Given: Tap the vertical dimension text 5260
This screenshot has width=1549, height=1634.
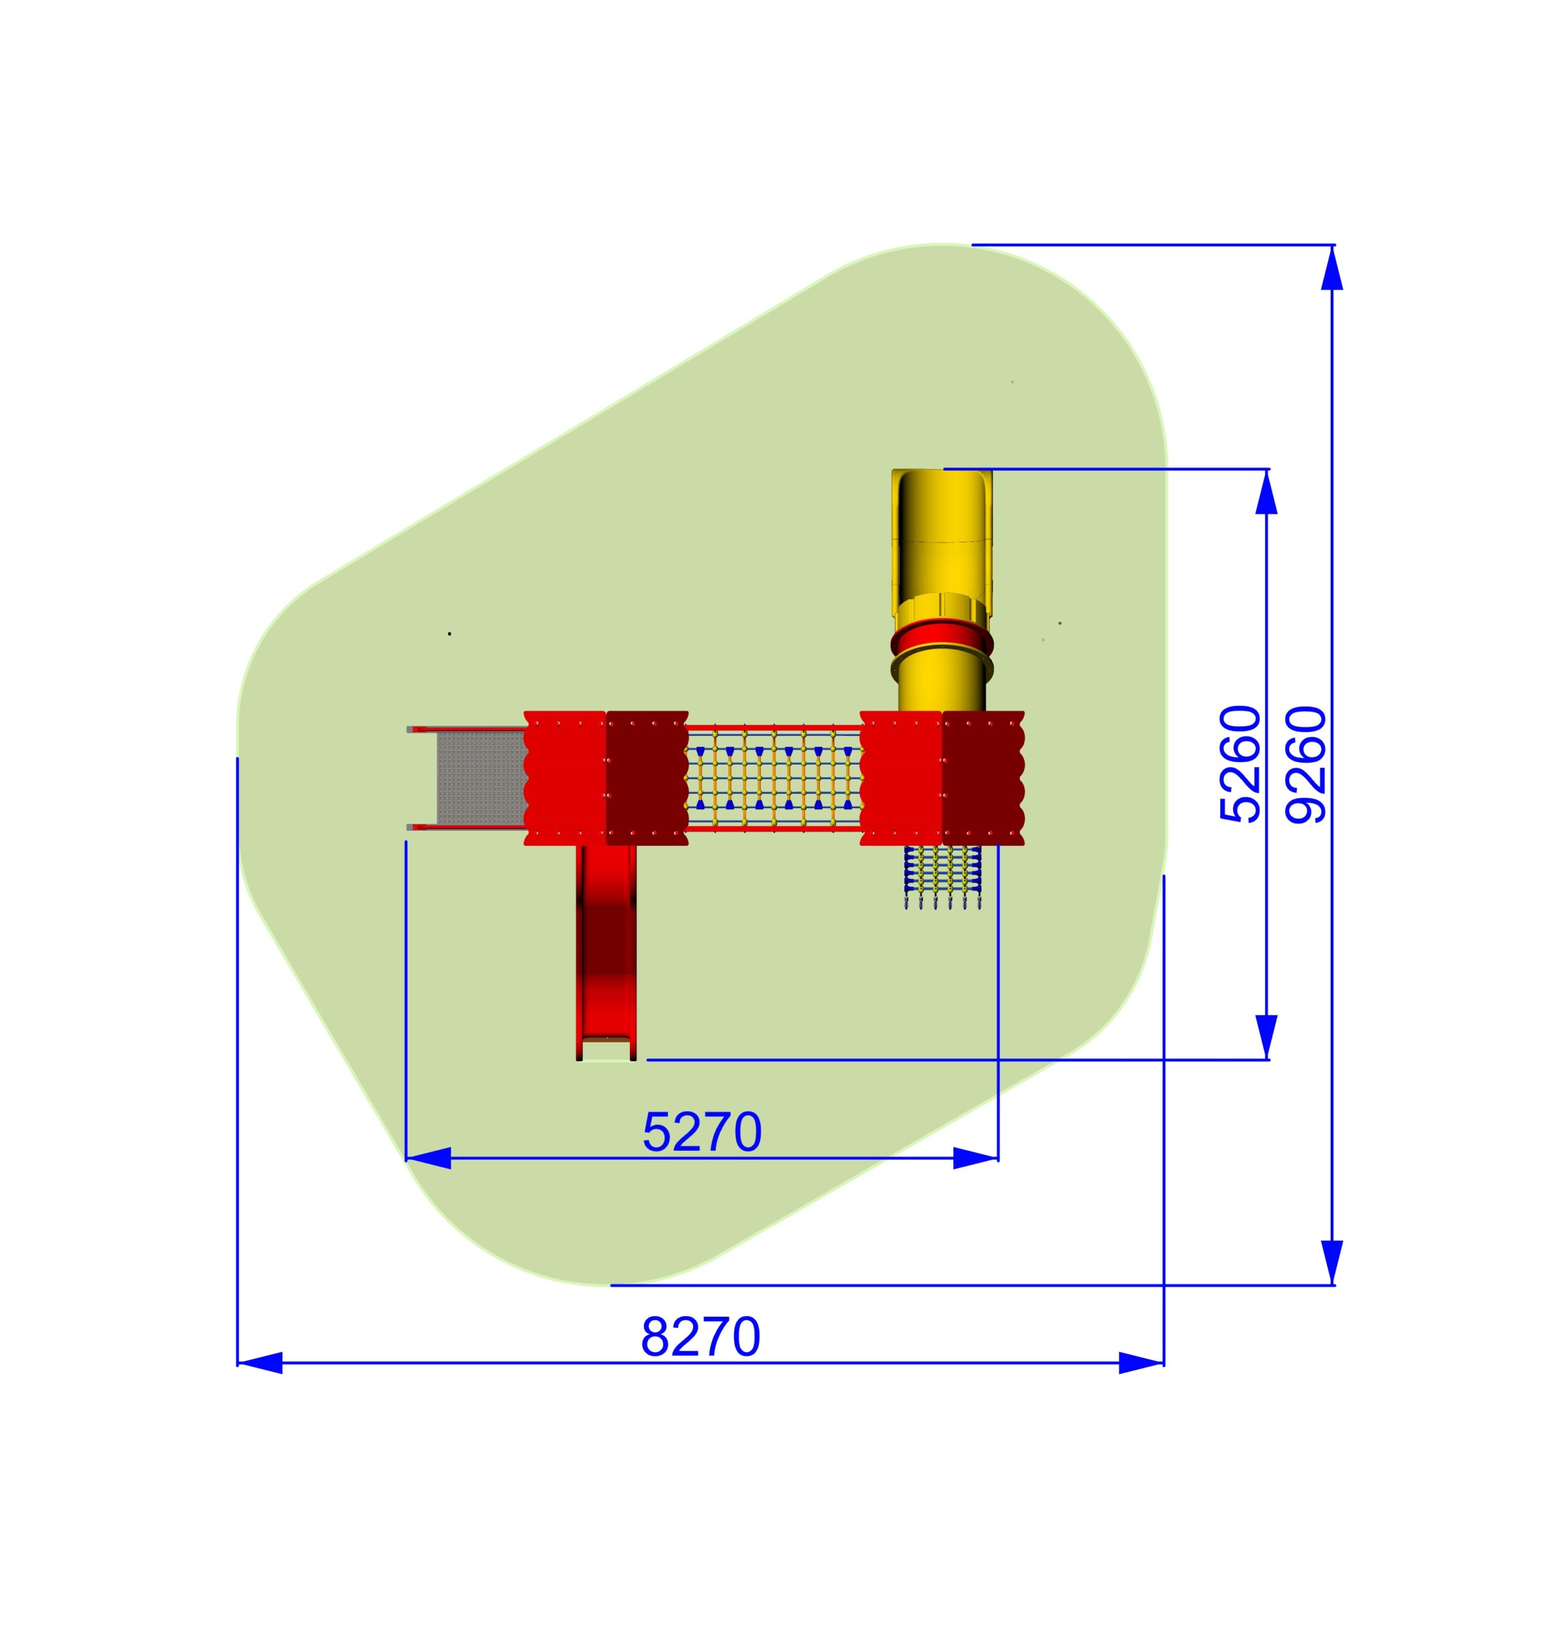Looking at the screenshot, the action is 1240,764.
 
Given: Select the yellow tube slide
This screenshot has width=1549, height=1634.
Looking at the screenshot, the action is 942,590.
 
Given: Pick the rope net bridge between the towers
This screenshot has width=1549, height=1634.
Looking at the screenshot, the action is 774,777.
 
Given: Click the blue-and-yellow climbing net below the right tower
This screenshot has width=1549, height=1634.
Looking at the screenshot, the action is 942,877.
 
